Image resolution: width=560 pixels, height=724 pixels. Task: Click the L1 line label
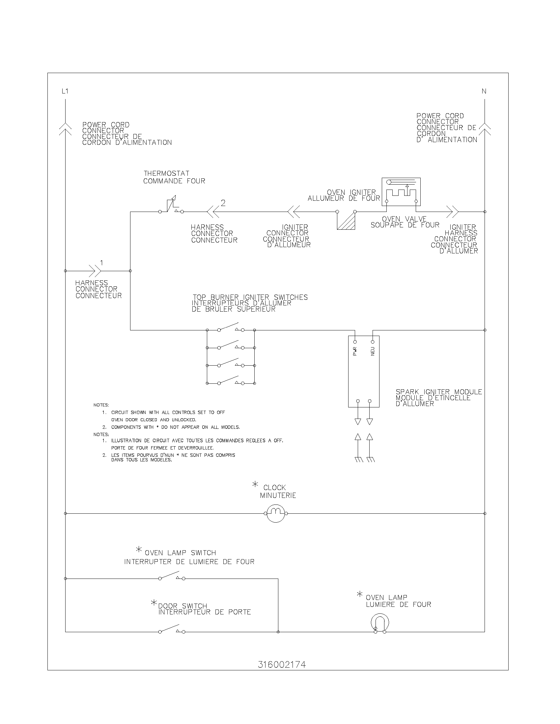click(x=65, y=91)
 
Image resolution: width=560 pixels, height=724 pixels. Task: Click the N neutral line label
click(x=484, y=91)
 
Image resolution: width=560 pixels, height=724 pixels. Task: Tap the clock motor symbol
click(x=276, y=513)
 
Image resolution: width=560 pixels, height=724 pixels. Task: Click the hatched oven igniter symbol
click(x=346, y=220)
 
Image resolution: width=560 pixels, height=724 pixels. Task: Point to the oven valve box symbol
click(x=401, y=192)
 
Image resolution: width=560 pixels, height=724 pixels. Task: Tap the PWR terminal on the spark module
click(x=355, y=342)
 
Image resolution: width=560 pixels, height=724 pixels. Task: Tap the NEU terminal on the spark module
click(x=373, y=342)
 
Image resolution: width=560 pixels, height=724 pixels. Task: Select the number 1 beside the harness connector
click(x=102, y=263)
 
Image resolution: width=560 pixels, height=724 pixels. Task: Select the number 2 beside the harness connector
click(x=223, y=203)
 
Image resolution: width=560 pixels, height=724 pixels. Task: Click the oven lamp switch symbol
click(x=172, y=576)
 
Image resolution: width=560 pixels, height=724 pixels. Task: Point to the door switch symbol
click(x=172, y=629)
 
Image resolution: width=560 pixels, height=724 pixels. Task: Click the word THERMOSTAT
click(x=167, y=173)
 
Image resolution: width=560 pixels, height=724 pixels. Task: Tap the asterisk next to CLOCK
click(x=255, y=485)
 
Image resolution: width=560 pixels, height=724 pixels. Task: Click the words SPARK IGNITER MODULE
click(x=438, y=392)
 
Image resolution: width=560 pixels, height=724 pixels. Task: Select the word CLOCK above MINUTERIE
click(x=274, y=488)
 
